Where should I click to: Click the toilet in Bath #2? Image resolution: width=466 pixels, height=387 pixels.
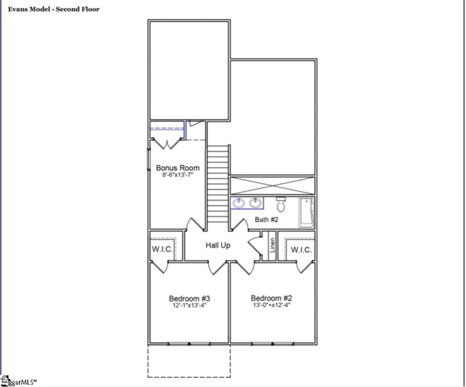point(281,204)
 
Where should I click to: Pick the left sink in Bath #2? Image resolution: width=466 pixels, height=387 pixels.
point(239,203)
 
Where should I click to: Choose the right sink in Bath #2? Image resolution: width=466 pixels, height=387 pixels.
point(255,203)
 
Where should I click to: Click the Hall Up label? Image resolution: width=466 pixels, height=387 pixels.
point(218,245)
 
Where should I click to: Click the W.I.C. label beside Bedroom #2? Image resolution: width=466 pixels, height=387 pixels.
point(301,249)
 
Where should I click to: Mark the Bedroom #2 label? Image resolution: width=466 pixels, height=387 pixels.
point(270,296)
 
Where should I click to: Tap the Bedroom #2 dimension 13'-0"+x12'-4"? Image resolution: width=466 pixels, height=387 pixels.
point(270,304)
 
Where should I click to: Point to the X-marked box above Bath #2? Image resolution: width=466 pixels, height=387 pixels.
point(273,185)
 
